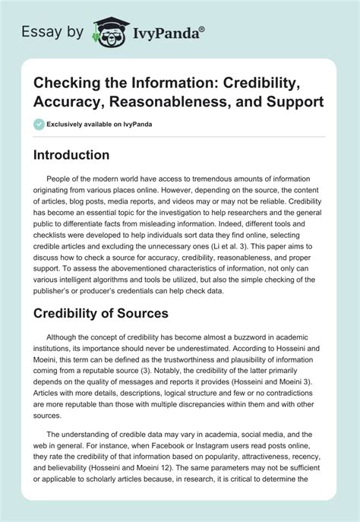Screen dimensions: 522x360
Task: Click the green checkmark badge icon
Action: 39,123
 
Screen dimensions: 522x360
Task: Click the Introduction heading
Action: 82,154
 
